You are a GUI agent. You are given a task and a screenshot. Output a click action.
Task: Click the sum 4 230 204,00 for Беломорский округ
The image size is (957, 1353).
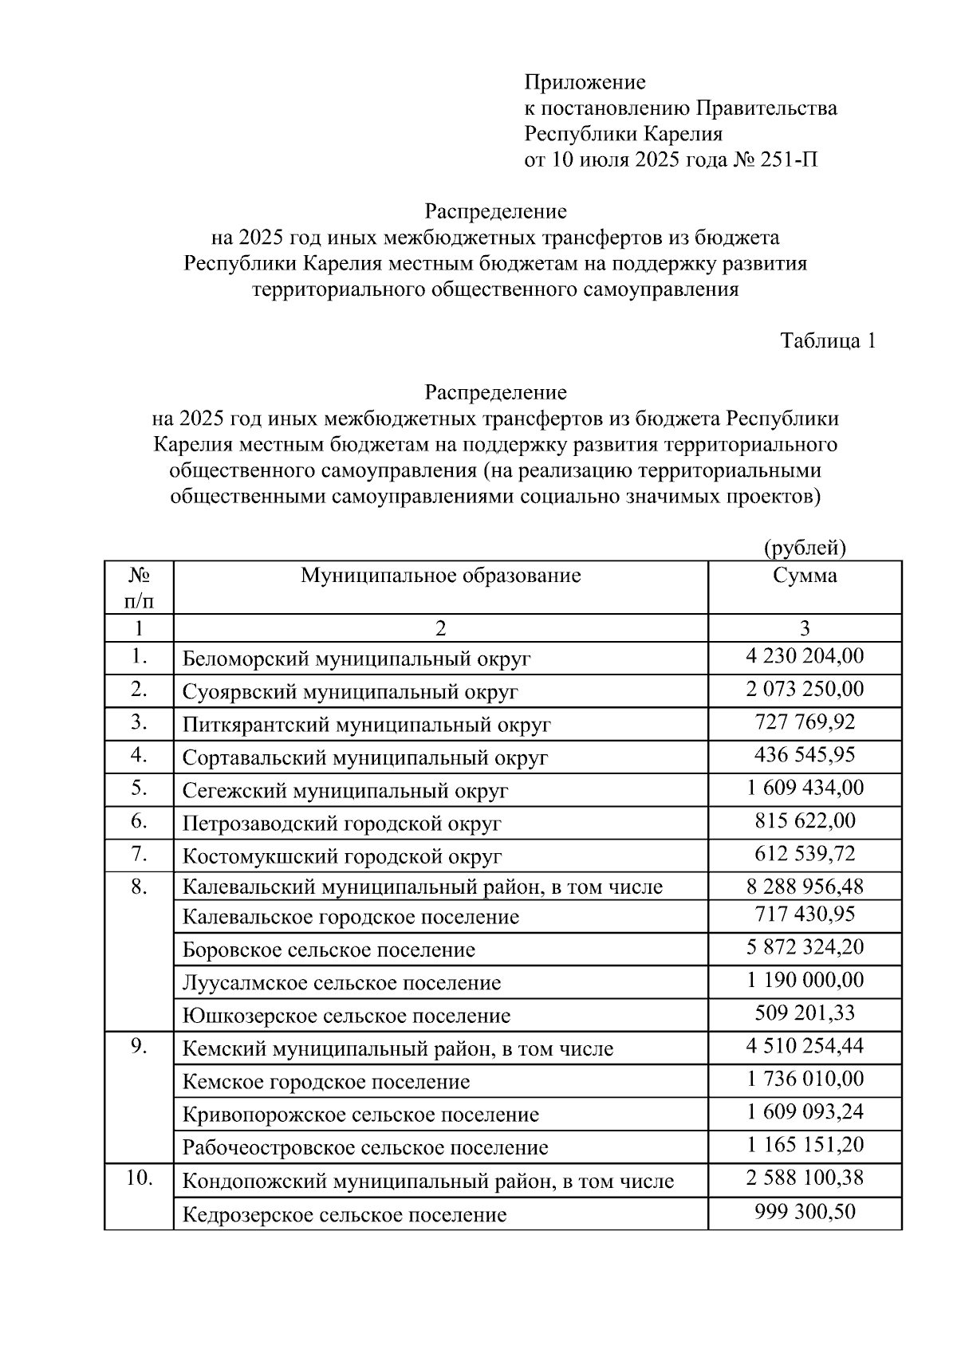(805, 656)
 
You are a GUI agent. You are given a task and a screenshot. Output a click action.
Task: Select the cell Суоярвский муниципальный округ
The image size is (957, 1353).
(350, 691)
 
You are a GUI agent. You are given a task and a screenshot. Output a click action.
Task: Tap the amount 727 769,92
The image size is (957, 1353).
(805, 722)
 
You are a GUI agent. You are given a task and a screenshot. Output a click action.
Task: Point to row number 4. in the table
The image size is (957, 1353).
(139, 754)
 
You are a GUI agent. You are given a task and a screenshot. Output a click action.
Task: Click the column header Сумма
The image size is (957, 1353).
(805, 576)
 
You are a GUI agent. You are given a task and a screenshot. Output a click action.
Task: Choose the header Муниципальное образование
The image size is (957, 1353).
(440, 576)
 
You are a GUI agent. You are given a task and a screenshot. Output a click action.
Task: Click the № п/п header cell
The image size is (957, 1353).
(139, 587)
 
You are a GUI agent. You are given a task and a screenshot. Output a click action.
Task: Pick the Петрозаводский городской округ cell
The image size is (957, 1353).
(341, 824)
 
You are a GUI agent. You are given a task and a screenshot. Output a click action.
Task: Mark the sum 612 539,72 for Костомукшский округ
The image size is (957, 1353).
(805, 854)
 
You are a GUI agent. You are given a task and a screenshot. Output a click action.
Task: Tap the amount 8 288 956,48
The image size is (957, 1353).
(805, 887)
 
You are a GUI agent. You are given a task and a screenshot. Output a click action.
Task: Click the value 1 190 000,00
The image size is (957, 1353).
(805, 980)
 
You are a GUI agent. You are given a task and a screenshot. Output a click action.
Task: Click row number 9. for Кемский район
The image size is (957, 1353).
(139, 1047)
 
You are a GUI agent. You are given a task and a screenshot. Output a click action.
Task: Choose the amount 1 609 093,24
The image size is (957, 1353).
(805, 1112)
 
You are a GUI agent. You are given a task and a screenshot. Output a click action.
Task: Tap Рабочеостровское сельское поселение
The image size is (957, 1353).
(365, 1148)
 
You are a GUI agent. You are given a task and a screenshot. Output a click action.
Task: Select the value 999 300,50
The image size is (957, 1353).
(805, 1212)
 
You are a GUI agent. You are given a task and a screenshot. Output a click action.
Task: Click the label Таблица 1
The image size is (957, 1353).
(828, 341)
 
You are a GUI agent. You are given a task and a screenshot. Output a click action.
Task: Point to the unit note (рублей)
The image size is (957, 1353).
(805, 548)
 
